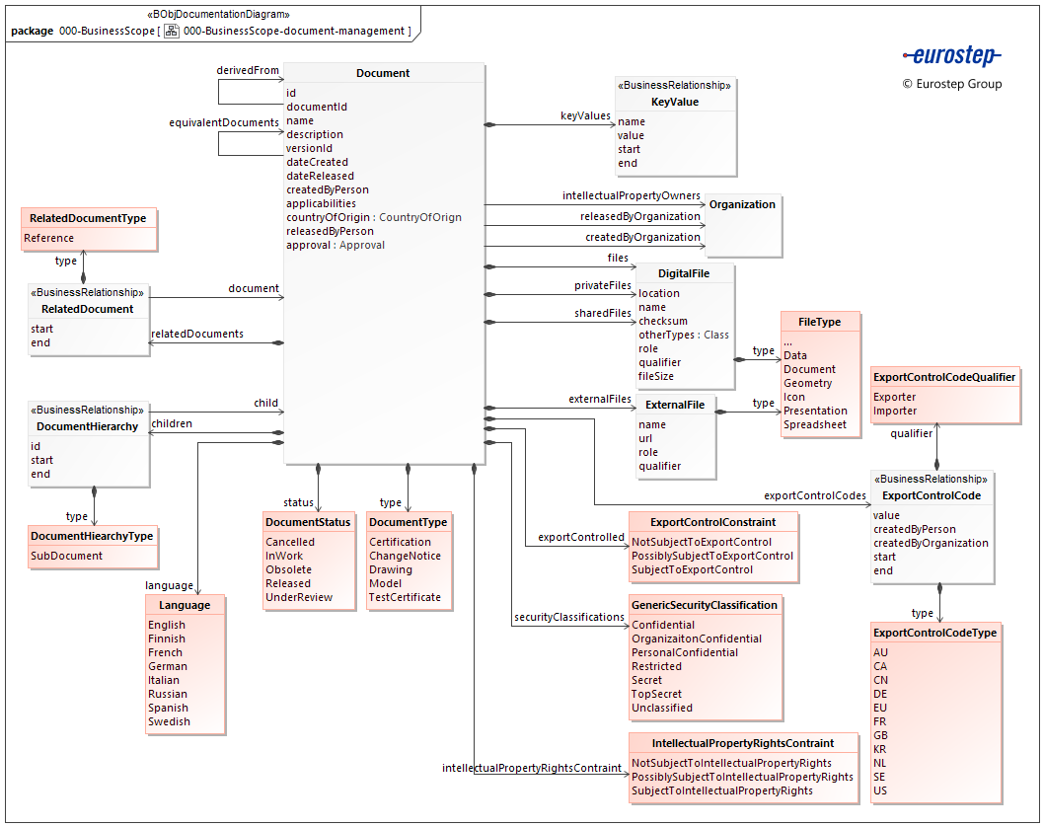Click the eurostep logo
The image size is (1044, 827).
(951, 56)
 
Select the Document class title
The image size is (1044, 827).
(383, 73)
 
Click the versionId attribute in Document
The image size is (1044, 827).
(309, 148)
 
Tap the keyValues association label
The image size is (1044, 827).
(585, 116)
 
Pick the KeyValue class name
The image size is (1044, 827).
(674, 102)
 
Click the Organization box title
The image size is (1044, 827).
(742, 204)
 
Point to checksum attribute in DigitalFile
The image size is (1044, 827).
(662, 321)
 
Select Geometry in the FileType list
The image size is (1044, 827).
(807, 383)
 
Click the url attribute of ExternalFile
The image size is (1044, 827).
(645, 438)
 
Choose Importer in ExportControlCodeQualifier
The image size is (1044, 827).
(894, 411)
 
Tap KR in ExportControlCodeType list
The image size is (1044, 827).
(880, 749)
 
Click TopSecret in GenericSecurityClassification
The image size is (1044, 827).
(656, 694)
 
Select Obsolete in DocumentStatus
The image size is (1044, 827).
(288, 569)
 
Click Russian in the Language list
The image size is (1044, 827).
(167, 694)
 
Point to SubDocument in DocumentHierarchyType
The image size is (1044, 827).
(66, 556)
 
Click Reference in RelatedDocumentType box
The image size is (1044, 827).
(49, 238)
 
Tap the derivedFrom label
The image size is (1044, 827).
(248, 71)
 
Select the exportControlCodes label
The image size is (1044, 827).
(814, 495)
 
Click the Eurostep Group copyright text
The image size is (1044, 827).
(951, 84)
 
